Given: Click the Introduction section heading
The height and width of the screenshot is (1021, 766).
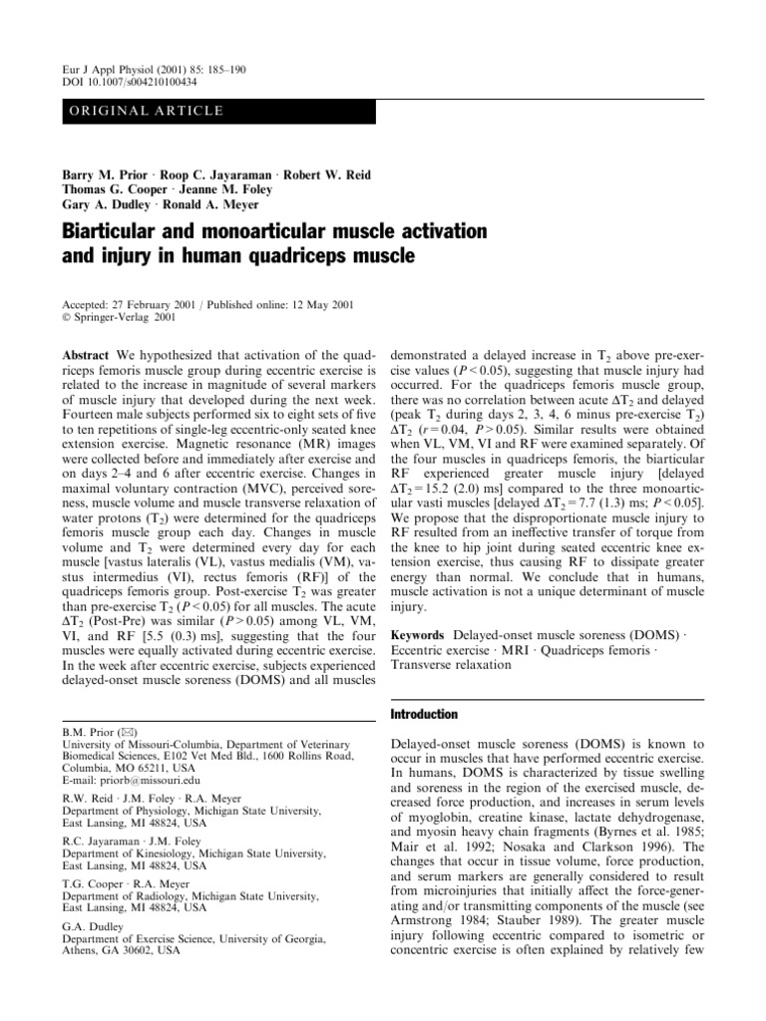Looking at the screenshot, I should click(x=425, y=714).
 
